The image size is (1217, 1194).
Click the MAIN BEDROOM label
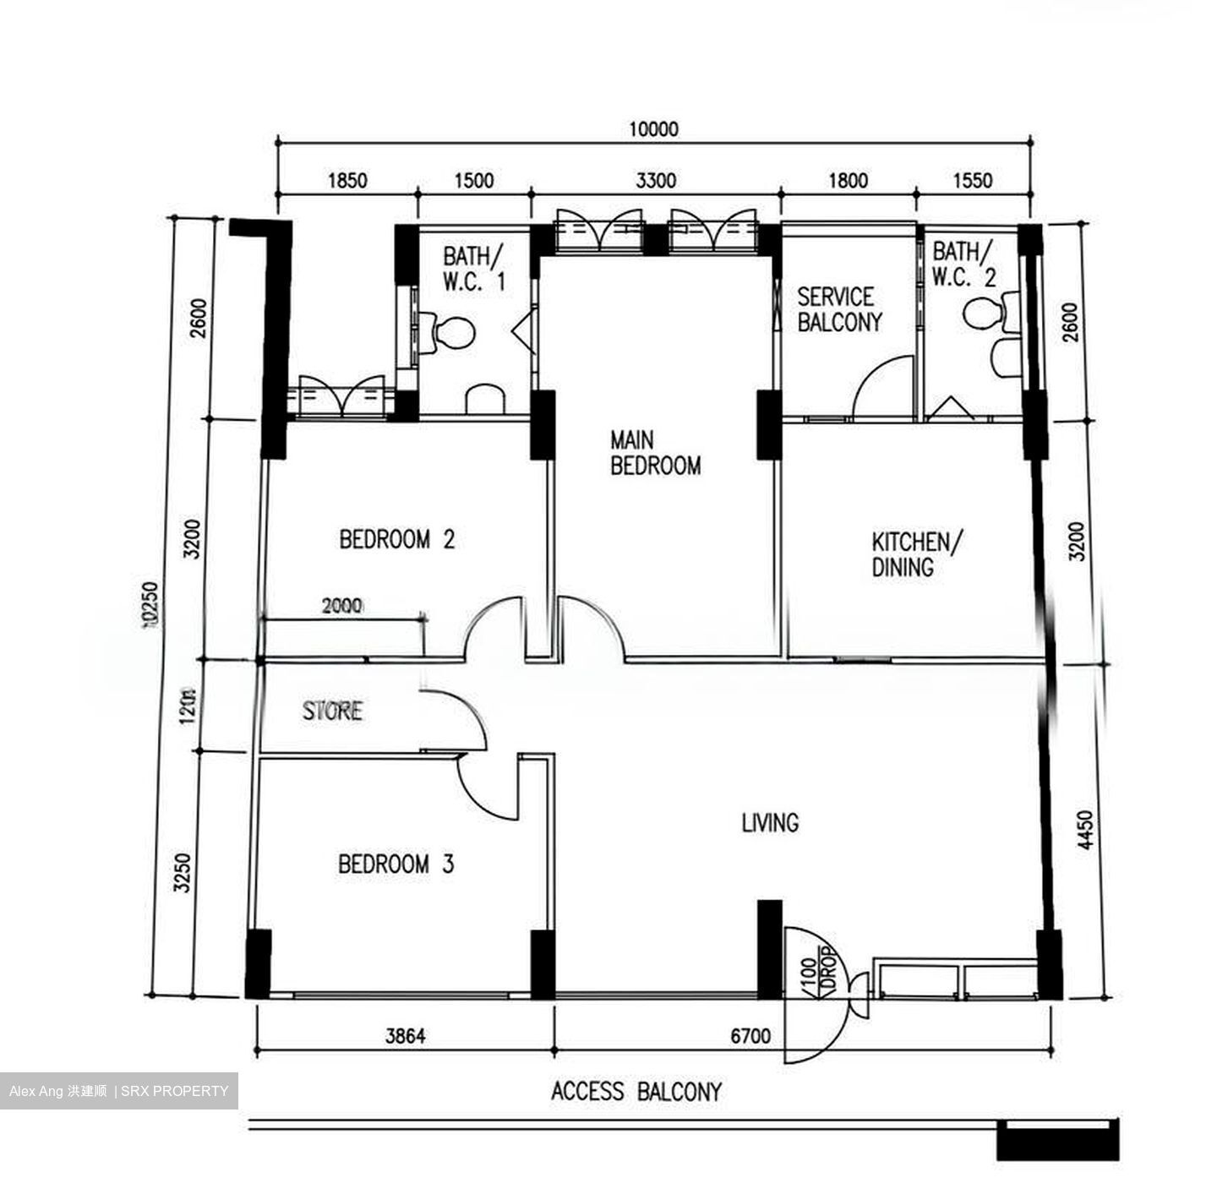(x=655, y=453)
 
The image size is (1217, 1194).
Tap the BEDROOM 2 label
(x=396, y=539)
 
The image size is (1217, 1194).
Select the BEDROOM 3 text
(x=396, y=864)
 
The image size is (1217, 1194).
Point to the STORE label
(x=333, y=711)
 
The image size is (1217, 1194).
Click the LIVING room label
(x=770, y=822)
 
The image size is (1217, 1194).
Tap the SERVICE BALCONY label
(x=838, y=309)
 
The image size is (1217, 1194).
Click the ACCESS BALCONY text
(x=636, y=1092)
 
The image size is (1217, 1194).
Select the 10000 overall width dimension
(x=653, y=129)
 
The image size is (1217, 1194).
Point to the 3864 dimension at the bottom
(x=405, y=1035)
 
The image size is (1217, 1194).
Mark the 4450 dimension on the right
(x=1086, y=830)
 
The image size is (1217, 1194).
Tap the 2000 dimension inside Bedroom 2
(x=342, y=606)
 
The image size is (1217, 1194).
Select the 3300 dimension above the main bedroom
(x=656, y=181)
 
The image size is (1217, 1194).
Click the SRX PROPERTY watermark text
(x=175, y=1091)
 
